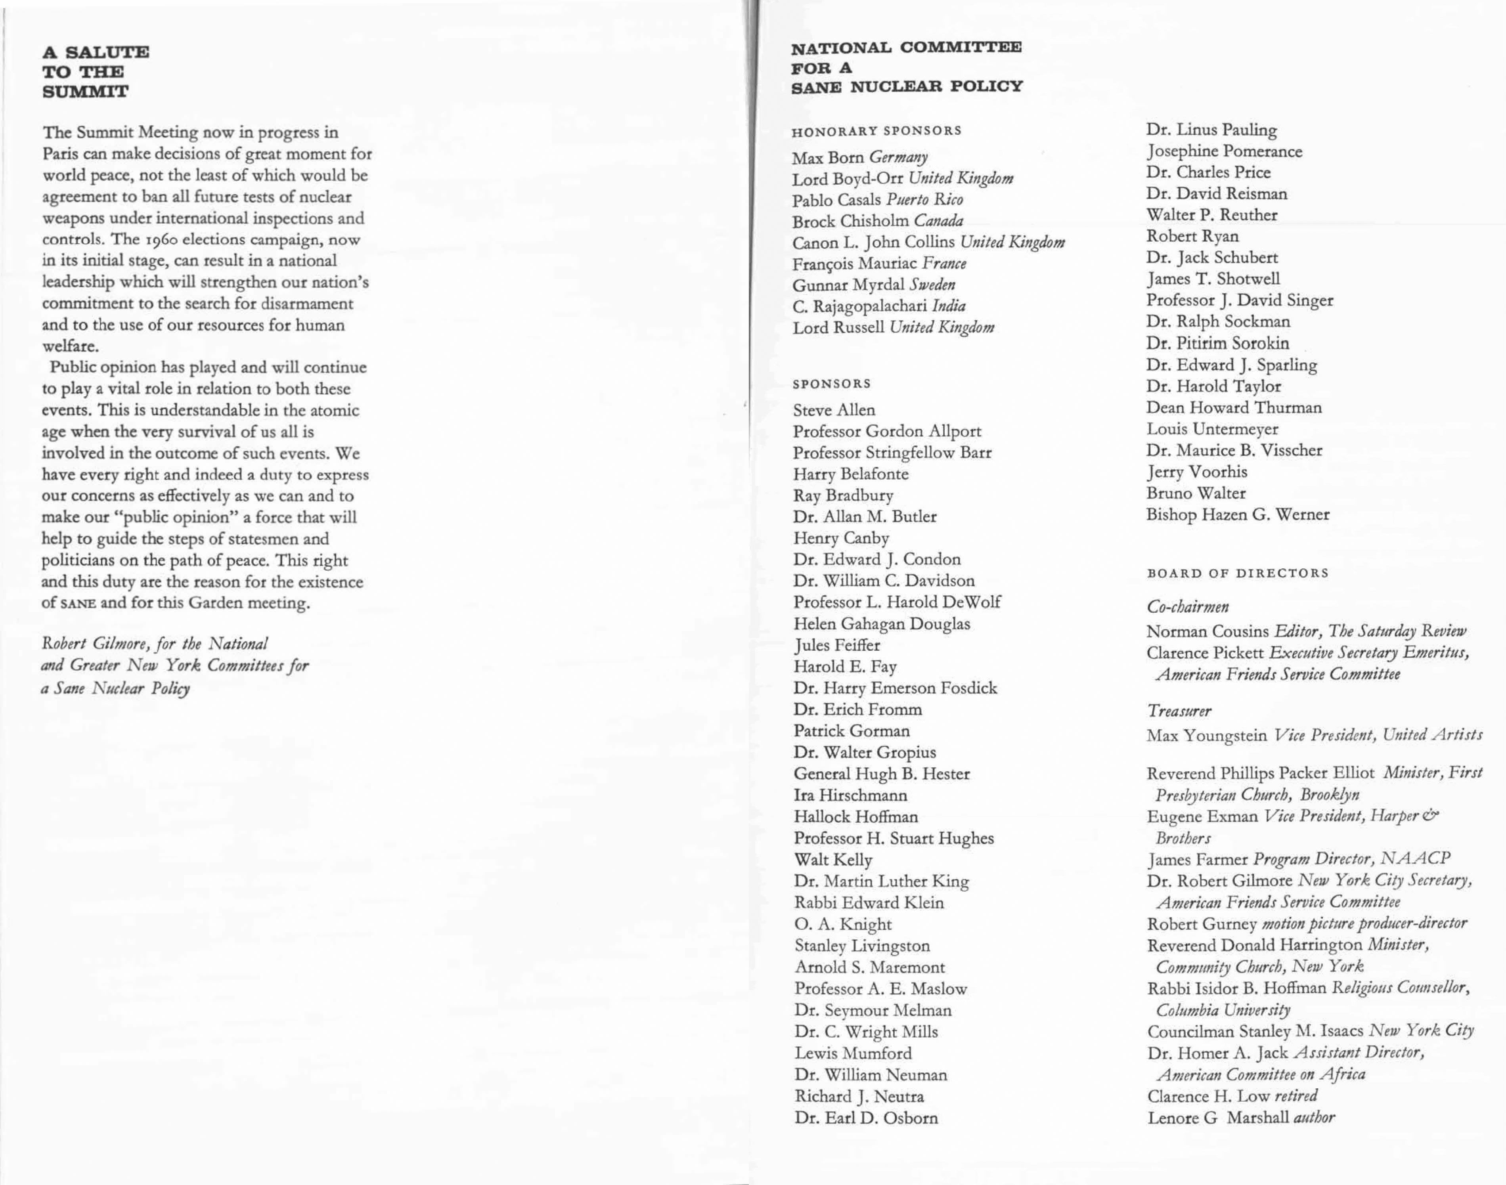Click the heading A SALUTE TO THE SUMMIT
pyautogui.click(x=95, y=71)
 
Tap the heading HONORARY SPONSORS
pyautogui.click(x=876, y=130)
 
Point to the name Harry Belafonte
pyautogui.click(x=850, y=474)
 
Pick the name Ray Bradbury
pyautogui.click(x=842, y=495)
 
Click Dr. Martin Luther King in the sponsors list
pyautogui.click(x=881, y=881)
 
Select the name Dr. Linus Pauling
pyautogui.click(x=1211, y=130)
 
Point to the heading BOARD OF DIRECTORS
pyautogui.click(x=1237, y=573)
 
